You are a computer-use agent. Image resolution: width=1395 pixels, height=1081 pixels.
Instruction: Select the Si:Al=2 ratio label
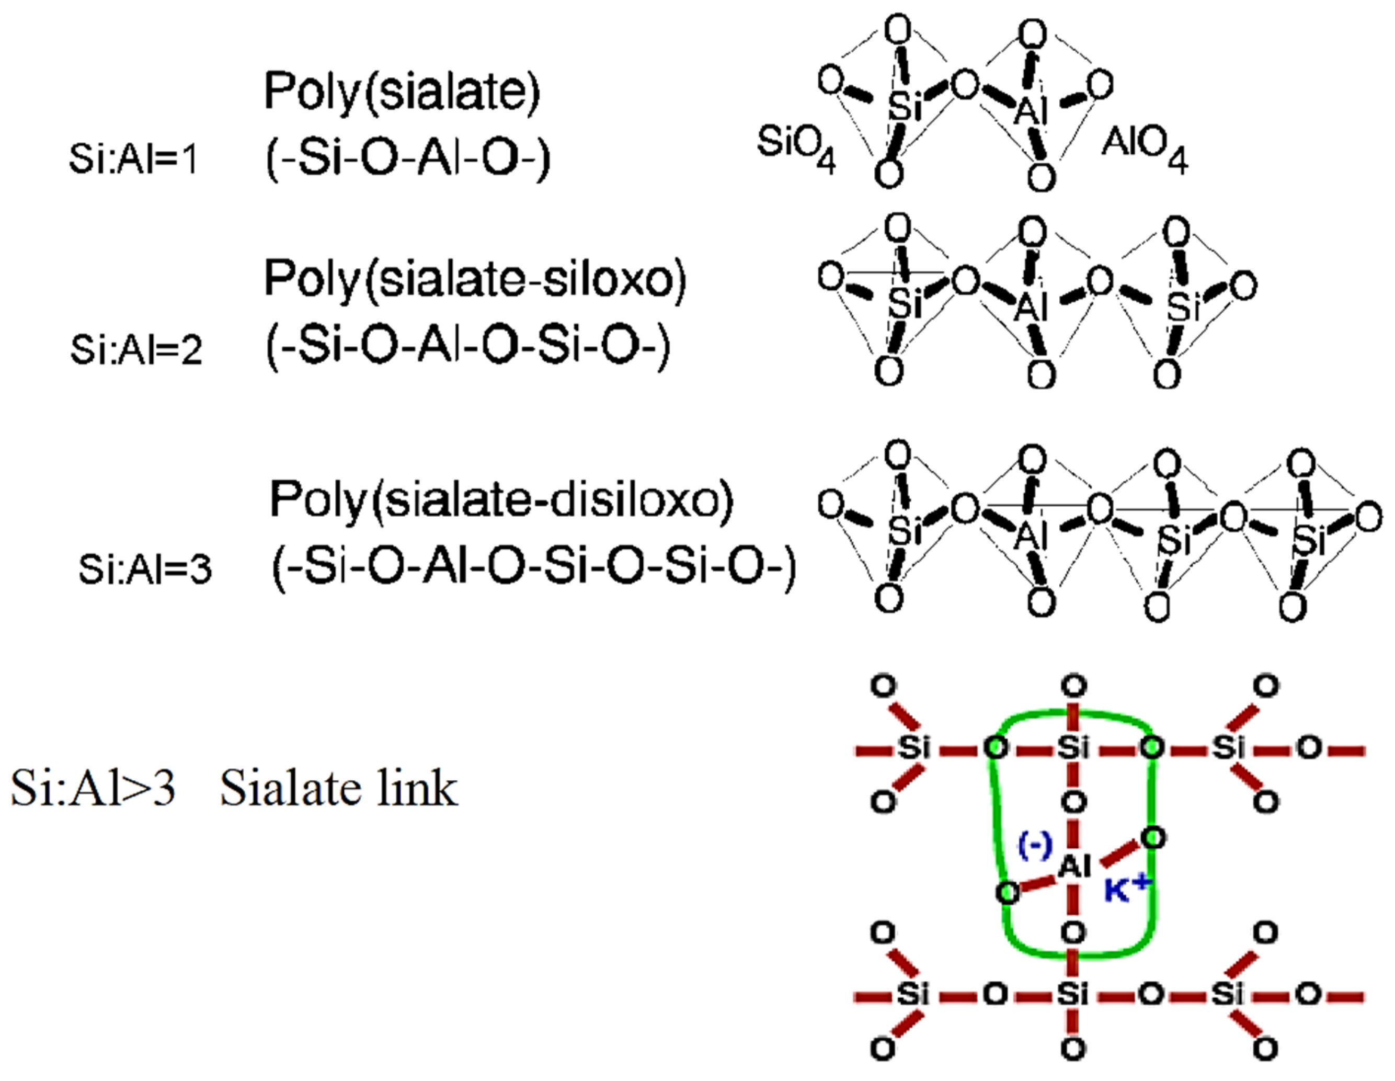click(x=136, y=349)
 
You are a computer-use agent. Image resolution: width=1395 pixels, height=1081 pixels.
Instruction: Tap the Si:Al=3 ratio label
click(x=145, y=568)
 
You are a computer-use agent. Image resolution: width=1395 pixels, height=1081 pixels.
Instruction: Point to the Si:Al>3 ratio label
click(x=93, y=788)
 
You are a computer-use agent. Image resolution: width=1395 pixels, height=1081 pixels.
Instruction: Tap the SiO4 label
click(x=796, y=146)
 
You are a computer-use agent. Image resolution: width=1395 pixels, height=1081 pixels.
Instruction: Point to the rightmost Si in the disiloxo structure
click(x=1308, y=540)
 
